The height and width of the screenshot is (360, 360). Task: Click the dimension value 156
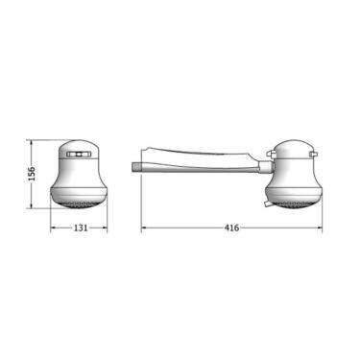[32, 174]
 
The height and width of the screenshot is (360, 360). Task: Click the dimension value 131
[81, 228]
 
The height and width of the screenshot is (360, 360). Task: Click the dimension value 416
[231, 228]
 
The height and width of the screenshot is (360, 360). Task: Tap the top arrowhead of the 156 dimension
[32, 143]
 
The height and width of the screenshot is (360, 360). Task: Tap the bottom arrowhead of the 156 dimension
[32, 205]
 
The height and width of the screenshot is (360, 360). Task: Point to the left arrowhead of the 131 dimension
[54, 228]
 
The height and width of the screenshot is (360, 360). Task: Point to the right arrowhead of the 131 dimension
[105, 228]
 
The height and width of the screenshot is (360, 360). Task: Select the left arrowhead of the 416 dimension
[144, 228]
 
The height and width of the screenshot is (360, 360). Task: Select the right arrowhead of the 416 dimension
[319, 228]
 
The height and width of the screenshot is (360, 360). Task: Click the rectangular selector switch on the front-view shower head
[79, 155]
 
